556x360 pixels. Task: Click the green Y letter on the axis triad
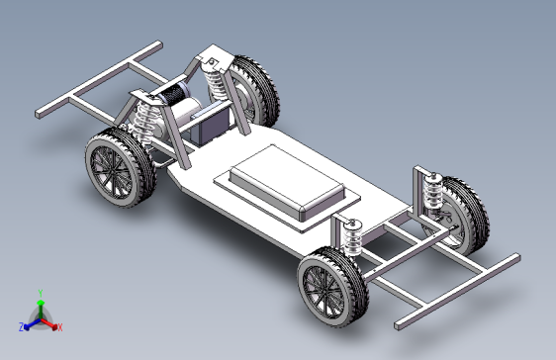pyautogui.click(x=40, y=292)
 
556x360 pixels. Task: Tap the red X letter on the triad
pyautogui.click(x=59, y=326)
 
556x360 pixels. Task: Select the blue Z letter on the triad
pyautogui.click(x=21, y=325)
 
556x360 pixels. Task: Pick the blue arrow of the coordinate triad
pyautogui.click(x=31, y=322)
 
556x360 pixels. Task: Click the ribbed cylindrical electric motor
pyautogui.click(x=178, y=100)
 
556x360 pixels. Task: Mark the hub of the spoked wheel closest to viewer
pyautogui.click(x=326, y=288)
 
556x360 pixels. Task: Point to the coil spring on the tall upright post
pyautogui.click(x=431, y=191)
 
